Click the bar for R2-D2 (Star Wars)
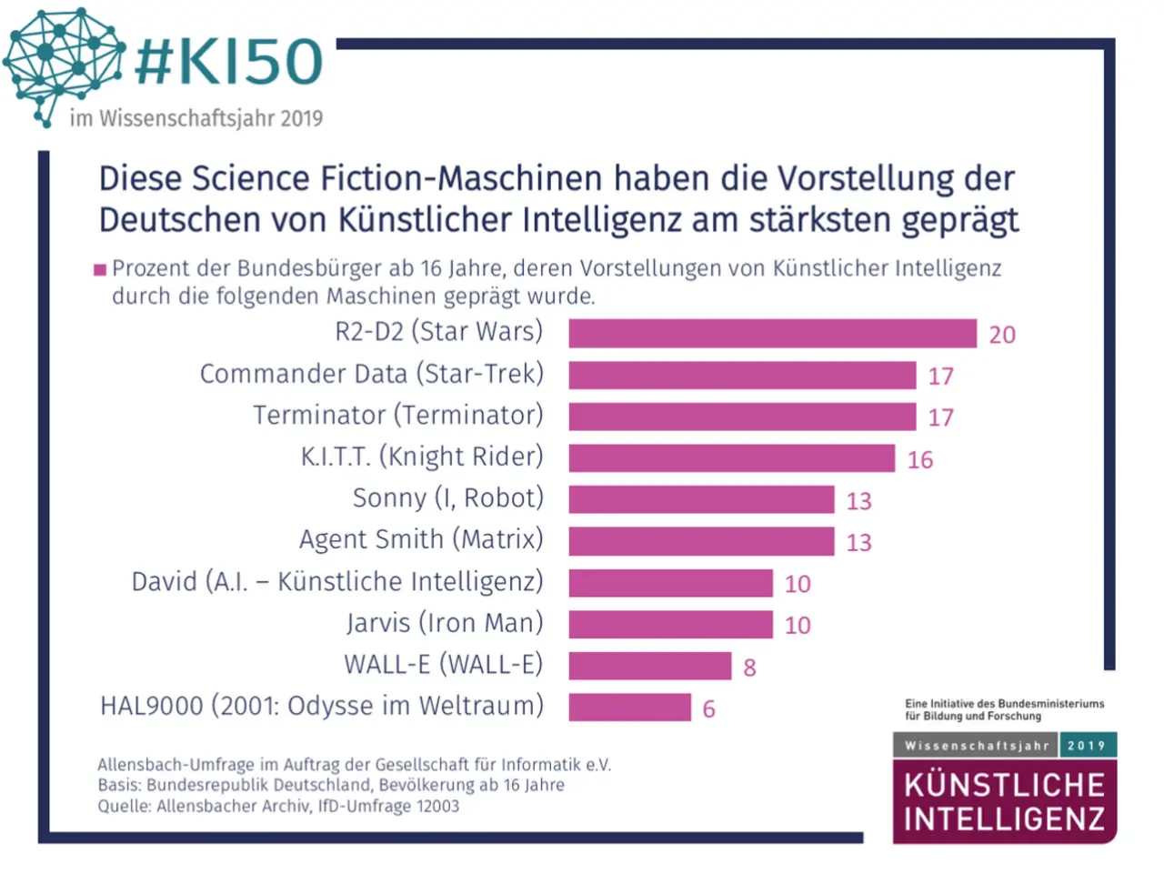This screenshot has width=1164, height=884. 772,334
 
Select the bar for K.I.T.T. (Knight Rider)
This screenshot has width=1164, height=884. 731,458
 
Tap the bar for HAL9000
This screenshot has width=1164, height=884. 629,708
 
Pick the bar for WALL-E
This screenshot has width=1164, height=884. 649,666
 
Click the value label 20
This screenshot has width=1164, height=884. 1002,335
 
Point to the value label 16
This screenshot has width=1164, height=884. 920,460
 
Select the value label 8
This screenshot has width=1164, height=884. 749,668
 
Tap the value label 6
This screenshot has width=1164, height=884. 708,709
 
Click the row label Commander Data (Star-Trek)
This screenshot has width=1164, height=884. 371,374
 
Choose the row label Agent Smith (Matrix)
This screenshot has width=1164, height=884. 421,539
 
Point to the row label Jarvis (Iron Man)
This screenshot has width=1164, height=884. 445,623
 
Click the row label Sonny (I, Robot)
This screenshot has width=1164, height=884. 447,498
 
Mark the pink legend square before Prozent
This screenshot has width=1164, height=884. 100,269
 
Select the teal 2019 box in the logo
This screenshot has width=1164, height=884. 1087,746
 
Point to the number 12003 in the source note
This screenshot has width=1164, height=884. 437,806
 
